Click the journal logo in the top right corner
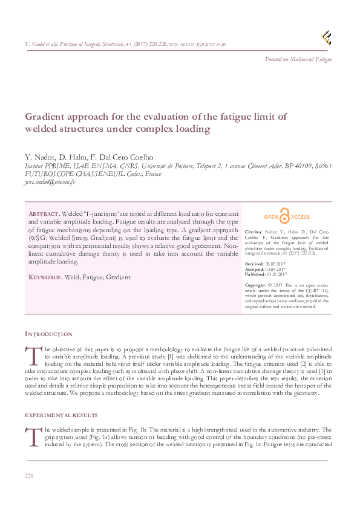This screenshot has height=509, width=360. coord(327,37)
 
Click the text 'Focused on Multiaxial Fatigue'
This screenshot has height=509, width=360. coord(299,59)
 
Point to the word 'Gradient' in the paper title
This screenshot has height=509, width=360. coord(45,117)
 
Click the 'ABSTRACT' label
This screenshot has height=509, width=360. coord(44,215)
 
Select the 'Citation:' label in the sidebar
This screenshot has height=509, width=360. coord(254,232)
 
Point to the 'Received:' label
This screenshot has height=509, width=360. coord(255,264)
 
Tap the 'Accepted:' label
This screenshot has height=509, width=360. coord(255,269)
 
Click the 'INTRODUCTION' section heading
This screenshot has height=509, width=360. coord(48,334)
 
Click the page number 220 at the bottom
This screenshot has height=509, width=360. coord(29,477)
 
